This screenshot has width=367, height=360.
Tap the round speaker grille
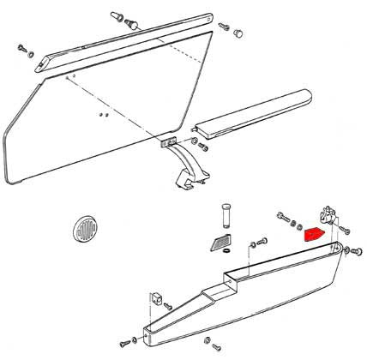pos(85,231)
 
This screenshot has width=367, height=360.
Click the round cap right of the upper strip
pos(238,33)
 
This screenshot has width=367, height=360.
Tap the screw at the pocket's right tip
pos(351,250)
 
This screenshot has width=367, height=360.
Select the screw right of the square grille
pos(250,246)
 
